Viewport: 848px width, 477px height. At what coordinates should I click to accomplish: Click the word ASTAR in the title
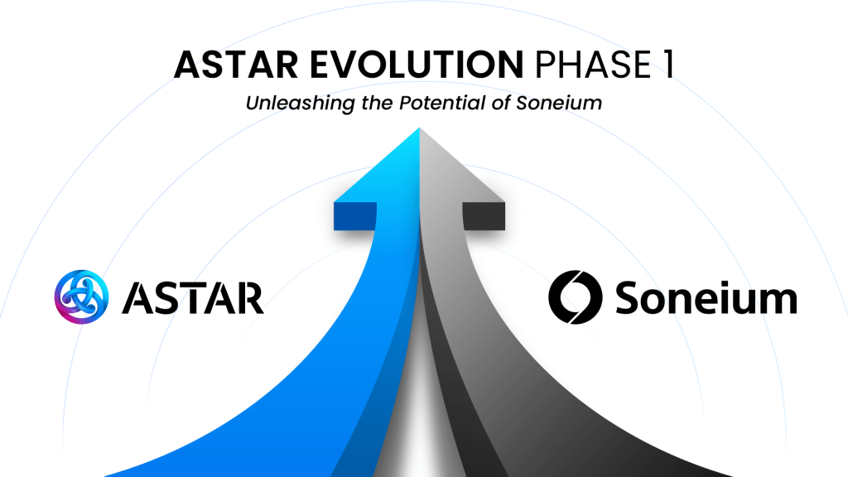(x=236, y=65)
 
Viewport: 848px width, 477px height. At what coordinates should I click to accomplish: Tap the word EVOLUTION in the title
(x=417, y=65)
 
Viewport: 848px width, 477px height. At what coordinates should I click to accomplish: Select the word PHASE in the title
(x=593, y=65)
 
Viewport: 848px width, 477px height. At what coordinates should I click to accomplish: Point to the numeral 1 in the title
(x=668, y=65)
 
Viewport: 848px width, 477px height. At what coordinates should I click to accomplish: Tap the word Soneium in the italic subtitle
(x=559, y=102)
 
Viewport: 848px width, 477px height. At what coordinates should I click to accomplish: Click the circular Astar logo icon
(x=82, y=297)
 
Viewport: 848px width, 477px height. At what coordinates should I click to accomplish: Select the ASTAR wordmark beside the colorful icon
(x=193, y=297)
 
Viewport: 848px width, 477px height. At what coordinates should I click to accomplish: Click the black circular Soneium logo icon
(x=576, y=297)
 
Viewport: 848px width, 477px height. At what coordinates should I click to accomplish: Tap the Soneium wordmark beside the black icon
(x=706, y=297)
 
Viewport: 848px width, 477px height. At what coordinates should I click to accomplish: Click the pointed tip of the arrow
(x=419, y=128)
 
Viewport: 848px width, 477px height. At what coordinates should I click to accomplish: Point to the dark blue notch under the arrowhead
(x=355, y=216)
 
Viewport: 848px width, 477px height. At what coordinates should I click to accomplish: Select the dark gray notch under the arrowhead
(x=484, y=216)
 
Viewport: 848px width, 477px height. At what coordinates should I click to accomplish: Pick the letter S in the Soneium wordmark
(x=629, y=297)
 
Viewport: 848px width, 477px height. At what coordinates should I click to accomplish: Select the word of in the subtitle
(x=500, y=102)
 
